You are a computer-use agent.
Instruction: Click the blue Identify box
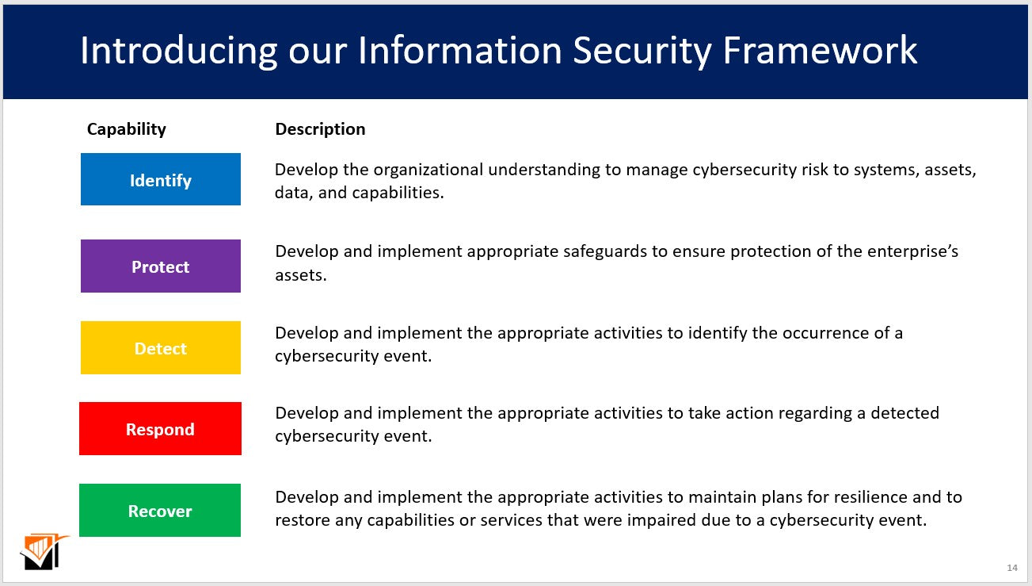(161, 180)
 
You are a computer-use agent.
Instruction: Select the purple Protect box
(161, 266)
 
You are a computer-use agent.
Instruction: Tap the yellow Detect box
(161, 348)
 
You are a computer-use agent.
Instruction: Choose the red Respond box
(160, 429)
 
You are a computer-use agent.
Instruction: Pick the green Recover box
(160, 511)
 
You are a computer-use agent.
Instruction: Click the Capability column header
(127, 129)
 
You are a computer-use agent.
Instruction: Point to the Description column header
(320, 129)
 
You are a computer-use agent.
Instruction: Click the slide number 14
(1012, 568)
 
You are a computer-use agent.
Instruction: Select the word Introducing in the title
(178, 51)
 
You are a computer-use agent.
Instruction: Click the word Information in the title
(460, 51)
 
